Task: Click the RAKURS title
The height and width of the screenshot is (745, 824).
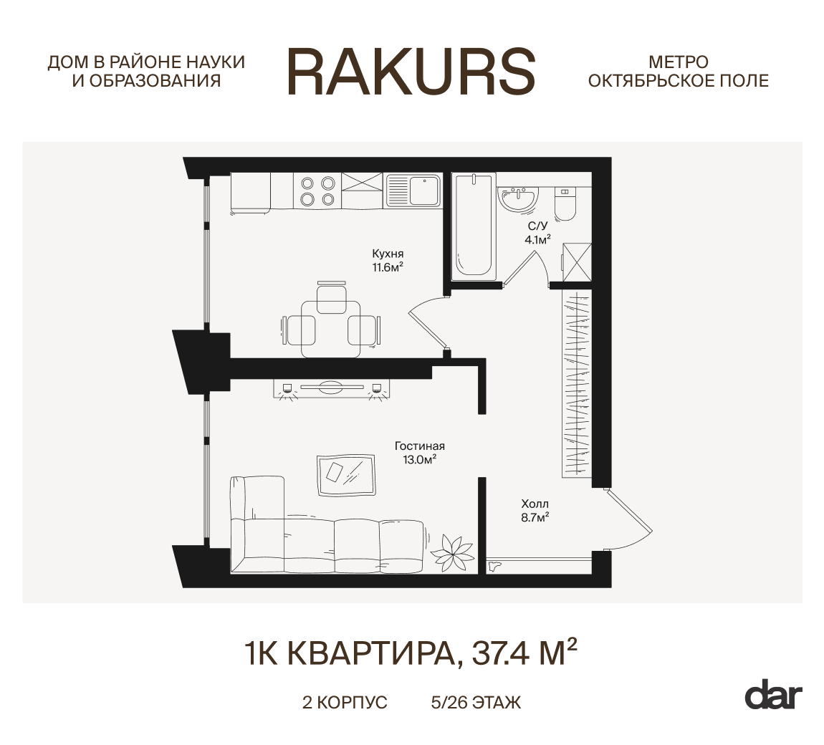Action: tap(411, 72)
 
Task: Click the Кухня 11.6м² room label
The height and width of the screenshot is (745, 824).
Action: tap(388, 261)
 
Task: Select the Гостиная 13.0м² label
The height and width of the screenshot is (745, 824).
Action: tap(420, 453)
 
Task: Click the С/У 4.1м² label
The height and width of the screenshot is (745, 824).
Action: tap(537, 233)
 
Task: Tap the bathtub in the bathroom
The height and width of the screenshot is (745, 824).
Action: tap(475, 226)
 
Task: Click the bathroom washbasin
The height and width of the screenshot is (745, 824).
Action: tap(517, 200)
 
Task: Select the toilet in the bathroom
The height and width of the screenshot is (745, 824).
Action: tap(565, 204)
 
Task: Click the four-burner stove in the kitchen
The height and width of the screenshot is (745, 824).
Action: tap(318, 191)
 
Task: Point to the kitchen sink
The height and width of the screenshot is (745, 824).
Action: tap(413, 191)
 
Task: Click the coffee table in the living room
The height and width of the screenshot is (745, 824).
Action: tap(346, 476)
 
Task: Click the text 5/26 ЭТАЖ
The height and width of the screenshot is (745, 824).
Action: tap(476, 703)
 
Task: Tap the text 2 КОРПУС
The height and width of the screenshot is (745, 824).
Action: tap(345, 703)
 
